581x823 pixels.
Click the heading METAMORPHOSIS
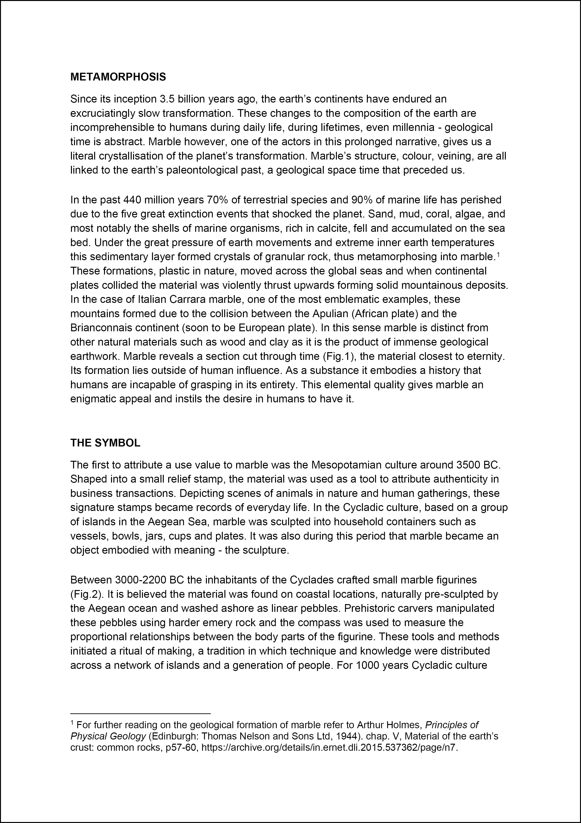118,77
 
